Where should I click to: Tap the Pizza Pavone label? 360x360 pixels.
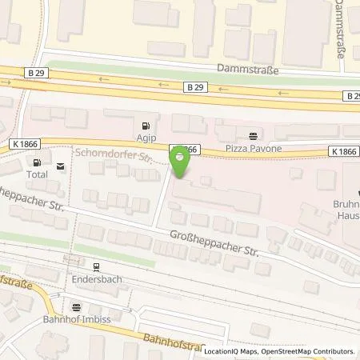click(254, 150)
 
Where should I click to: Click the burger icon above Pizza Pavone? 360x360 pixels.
click(254, 136)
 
